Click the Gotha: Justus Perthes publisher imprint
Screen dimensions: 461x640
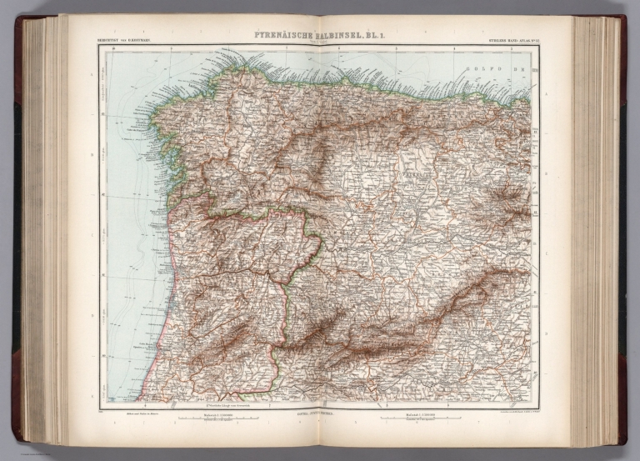pyautogui.click(x=320, y=414)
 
